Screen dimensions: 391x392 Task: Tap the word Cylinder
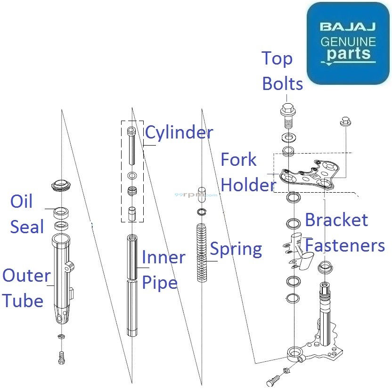click(179, 132)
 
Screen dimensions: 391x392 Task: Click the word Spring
click(236, 249)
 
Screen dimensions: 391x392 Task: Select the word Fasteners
click(345, 245)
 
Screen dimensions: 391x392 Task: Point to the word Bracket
click(336, 220)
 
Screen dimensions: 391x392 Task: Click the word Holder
click(248, 185)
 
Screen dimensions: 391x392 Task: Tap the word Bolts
click(282, 84)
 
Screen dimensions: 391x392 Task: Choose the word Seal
click(27, 227)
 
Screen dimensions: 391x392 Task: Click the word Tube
click(23, 301)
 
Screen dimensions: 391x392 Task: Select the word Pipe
click(159, 283)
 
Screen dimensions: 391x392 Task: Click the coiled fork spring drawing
click(202, 253)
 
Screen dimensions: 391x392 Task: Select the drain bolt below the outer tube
click(60, 358)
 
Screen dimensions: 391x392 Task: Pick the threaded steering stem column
click(326, 306)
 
